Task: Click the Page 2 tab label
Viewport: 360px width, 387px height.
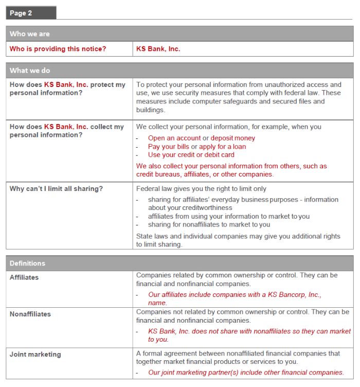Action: [21, 13]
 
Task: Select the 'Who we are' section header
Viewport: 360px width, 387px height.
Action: [30, 34]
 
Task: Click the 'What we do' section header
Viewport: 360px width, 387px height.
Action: [30, 71]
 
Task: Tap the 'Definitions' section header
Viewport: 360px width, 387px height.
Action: [27, 263]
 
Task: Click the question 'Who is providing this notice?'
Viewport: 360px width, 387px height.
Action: [58, 49]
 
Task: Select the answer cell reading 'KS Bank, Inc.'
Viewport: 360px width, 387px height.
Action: [158, 49]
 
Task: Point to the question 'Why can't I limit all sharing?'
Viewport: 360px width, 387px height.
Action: [56, 188]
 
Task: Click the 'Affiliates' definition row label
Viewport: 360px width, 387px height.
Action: [24, 277]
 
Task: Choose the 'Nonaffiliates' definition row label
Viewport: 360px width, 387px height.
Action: [30, 314]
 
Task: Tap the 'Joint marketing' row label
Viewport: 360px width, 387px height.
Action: [35, 354]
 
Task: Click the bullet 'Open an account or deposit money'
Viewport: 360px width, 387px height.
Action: [201, 138]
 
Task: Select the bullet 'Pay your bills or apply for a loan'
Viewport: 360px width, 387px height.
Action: [197, 146]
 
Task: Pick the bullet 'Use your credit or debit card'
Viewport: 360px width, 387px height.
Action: [191, 154]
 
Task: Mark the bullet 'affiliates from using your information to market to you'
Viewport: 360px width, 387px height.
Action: [228, 216]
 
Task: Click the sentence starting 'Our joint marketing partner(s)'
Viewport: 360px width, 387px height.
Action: [246, 372]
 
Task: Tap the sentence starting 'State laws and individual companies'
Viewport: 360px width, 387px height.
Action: [238, 236]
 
